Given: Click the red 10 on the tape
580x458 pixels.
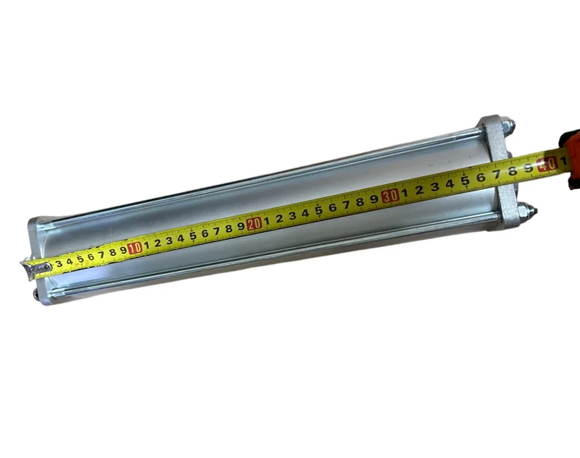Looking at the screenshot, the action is coord(135,248).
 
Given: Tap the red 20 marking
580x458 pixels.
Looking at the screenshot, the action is coord(254,224).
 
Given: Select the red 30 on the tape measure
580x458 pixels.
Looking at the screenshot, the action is coord(391,196).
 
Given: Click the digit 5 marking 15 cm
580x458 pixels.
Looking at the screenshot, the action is coord(193,236).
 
